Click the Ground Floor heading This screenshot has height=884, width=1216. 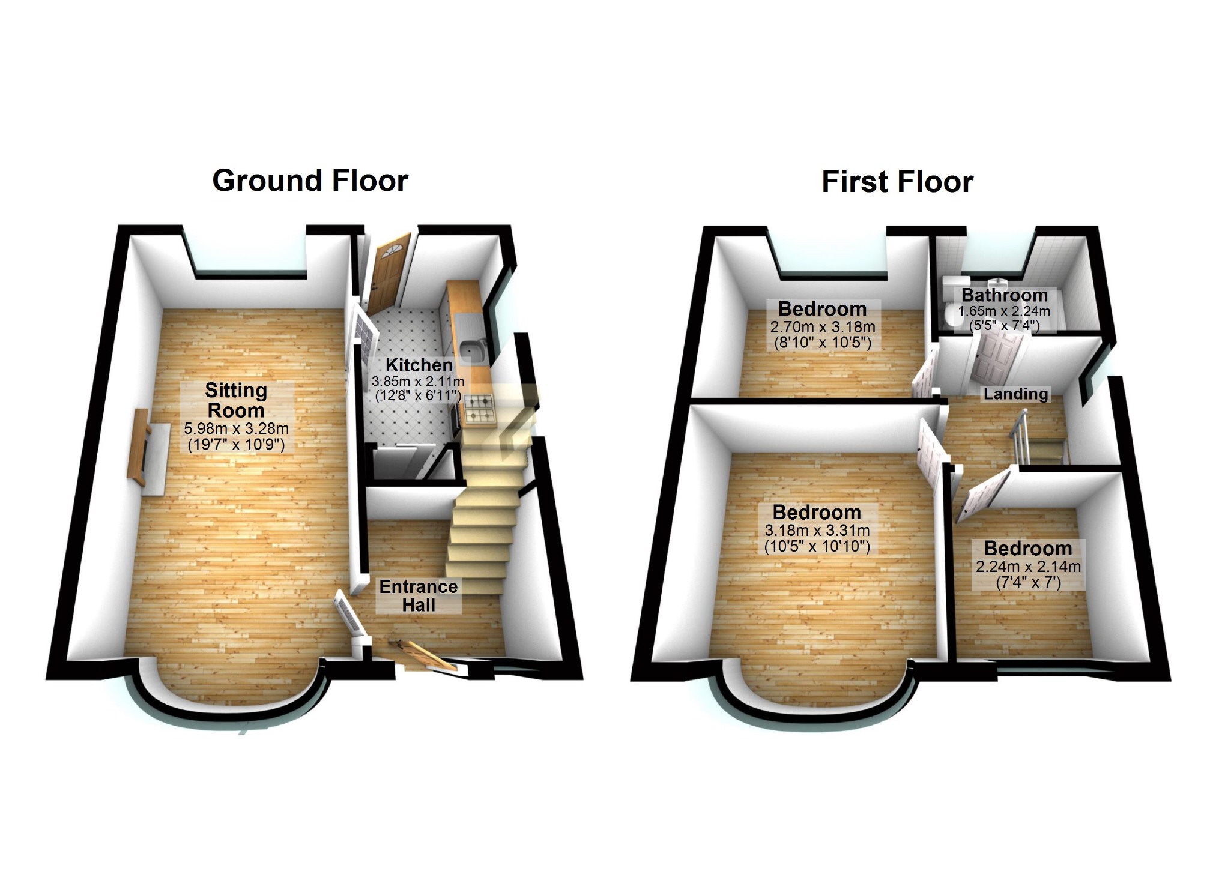point(310,181)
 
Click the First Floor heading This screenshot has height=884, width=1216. point(897,182)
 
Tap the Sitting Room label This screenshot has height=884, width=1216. point(236,400)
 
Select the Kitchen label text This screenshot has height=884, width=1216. point(419,365)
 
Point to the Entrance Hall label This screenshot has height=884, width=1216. point(419,595)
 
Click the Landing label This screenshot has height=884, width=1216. point(1015,394)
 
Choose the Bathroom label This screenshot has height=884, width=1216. point(1005,295)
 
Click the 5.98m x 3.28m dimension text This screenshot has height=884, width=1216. point(236,428)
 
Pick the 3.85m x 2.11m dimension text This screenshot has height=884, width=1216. point(418,381)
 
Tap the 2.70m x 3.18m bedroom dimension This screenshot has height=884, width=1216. point(822,327)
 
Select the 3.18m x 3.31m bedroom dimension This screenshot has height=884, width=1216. point(817,531)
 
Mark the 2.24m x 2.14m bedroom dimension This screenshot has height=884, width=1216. point(1028,567)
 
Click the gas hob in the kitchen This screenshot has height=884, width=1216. point(479,409)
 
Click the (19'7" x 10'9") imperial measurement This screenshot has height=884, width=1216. point(236,445)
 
